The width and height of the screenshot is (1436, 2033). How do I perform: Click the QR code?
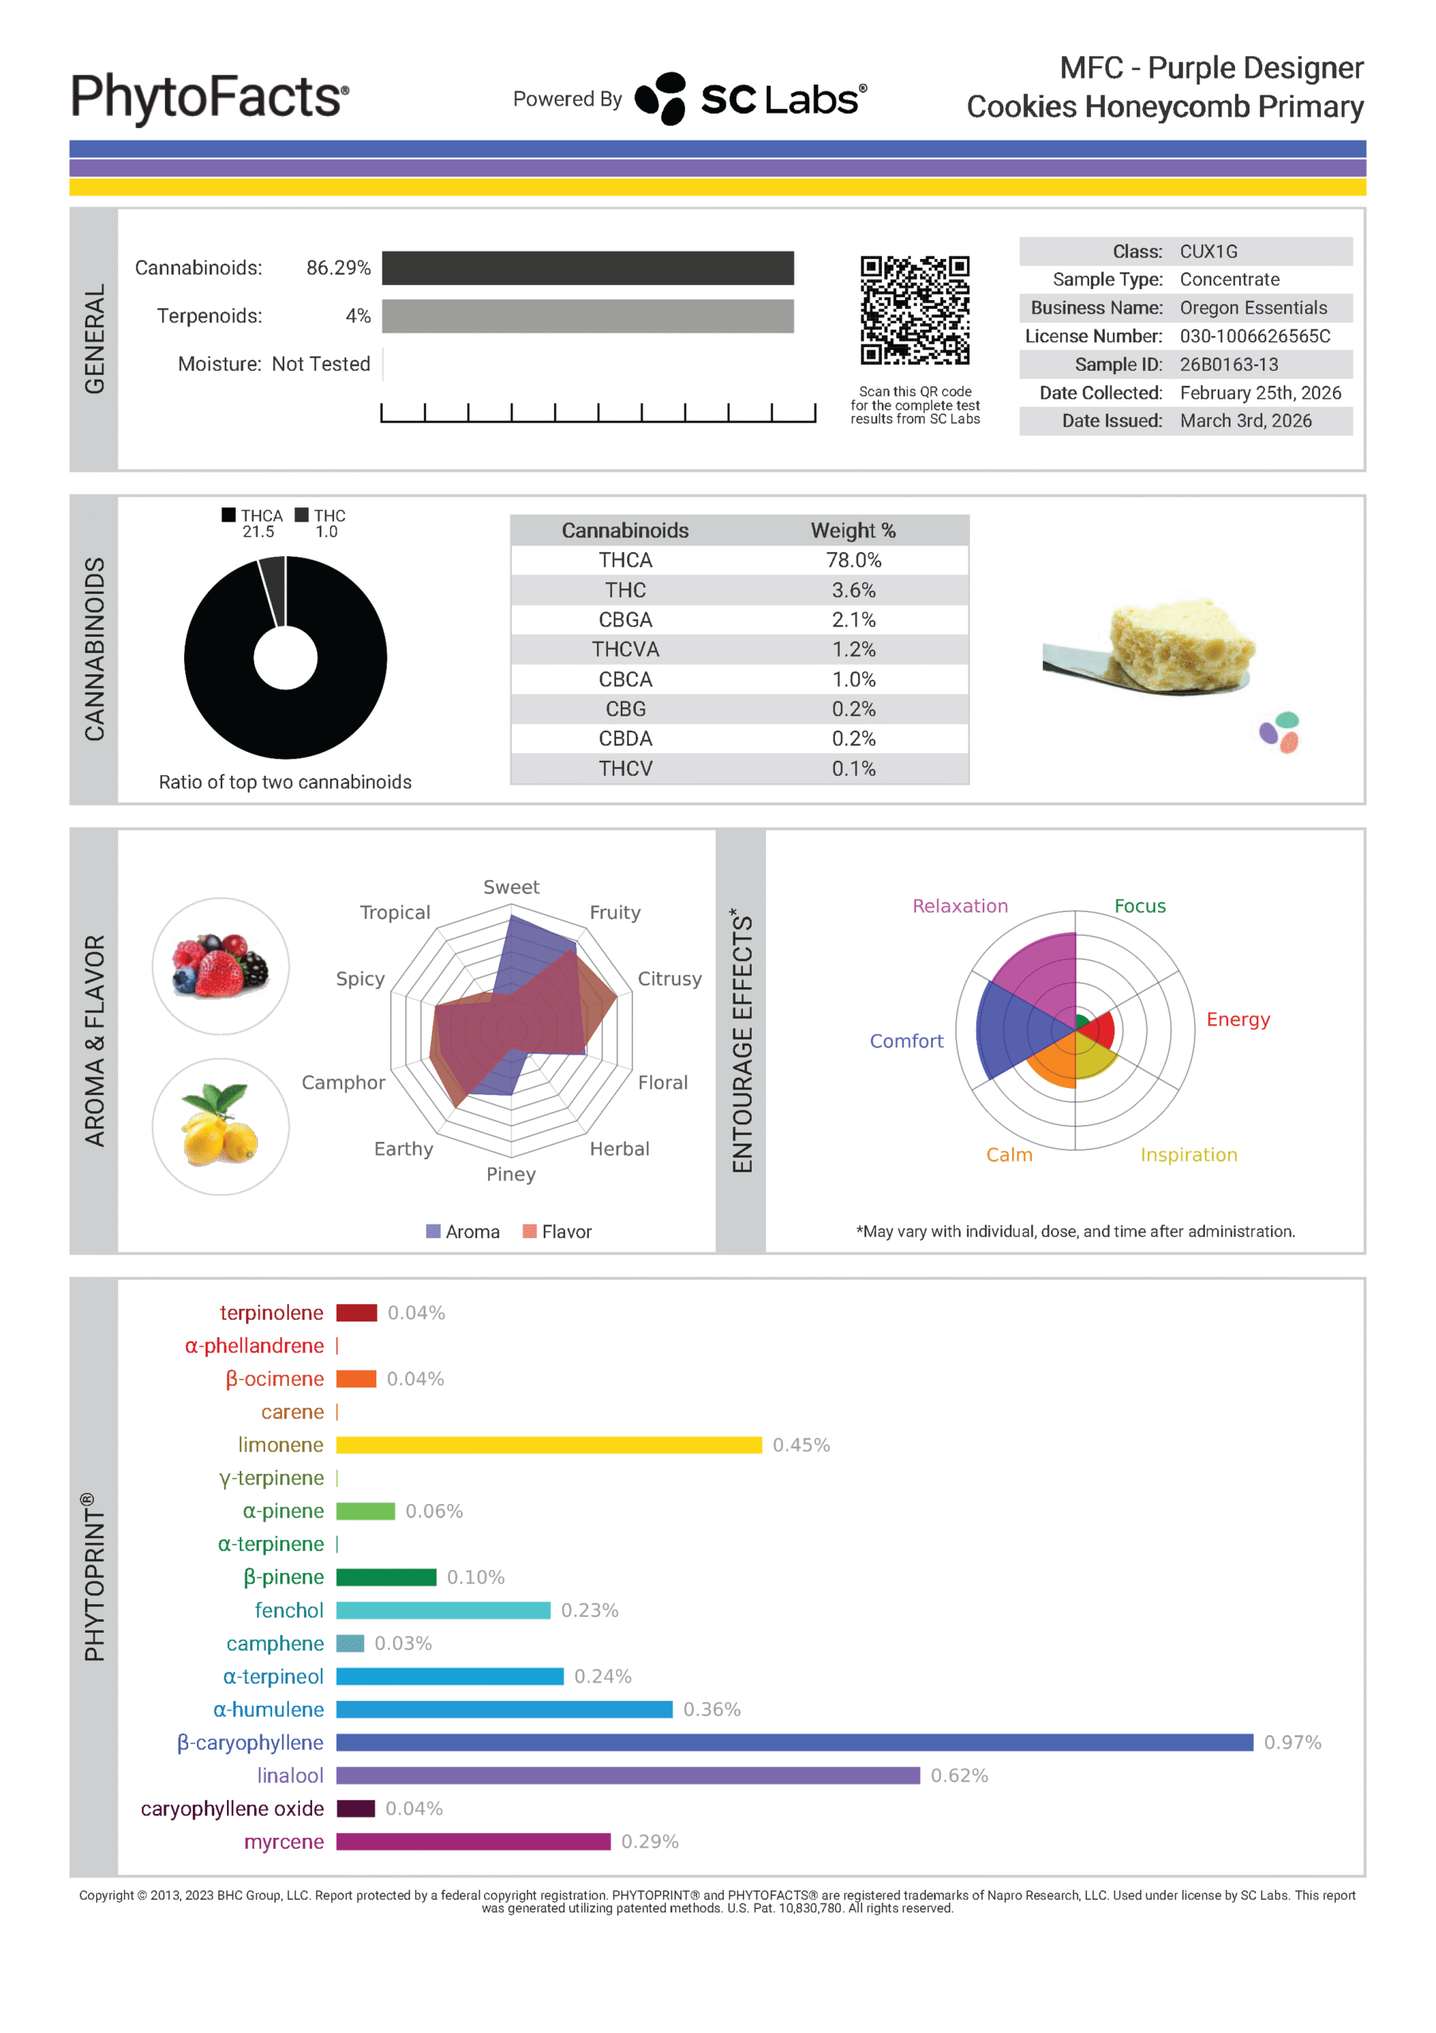(914, 310)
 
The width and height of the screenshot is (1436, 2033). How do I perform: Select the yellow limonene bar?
(548, 1445)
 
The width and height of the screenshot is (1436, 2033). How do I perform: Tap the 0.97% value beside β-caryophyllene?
(1292, 1742)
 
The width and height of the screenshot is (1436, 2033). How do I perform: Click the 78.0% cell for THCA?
(853, 561)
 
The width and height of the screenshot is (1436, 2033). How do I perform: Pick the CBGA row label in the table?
(625, 619)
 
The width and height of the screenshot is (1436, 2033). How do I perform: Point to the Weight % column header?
(853, 530)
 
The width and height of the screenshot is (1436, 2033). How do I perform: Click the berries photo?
(221, 966)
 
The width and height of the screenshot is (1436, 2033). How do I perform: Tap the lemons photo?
(221, 1126)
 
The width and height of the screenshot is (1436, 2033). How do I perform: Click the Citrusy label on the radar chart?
(669, 978)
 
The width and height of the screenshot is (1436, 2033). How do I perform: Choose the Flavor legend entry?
(557, 1232)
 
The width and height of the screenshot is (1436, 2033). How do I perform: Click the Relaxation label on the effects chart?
(960, 906)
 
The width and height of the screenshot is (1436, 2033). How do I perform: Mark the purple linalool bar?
(628, 1776)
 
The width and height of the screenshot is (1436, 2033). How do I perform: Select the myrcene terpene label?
(284, 1842)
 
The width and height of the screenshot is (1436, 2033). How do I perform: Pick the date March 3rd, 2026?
(1245, 421)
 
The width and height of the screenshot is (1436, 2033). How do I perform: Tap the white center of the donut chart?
(285, 657)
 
